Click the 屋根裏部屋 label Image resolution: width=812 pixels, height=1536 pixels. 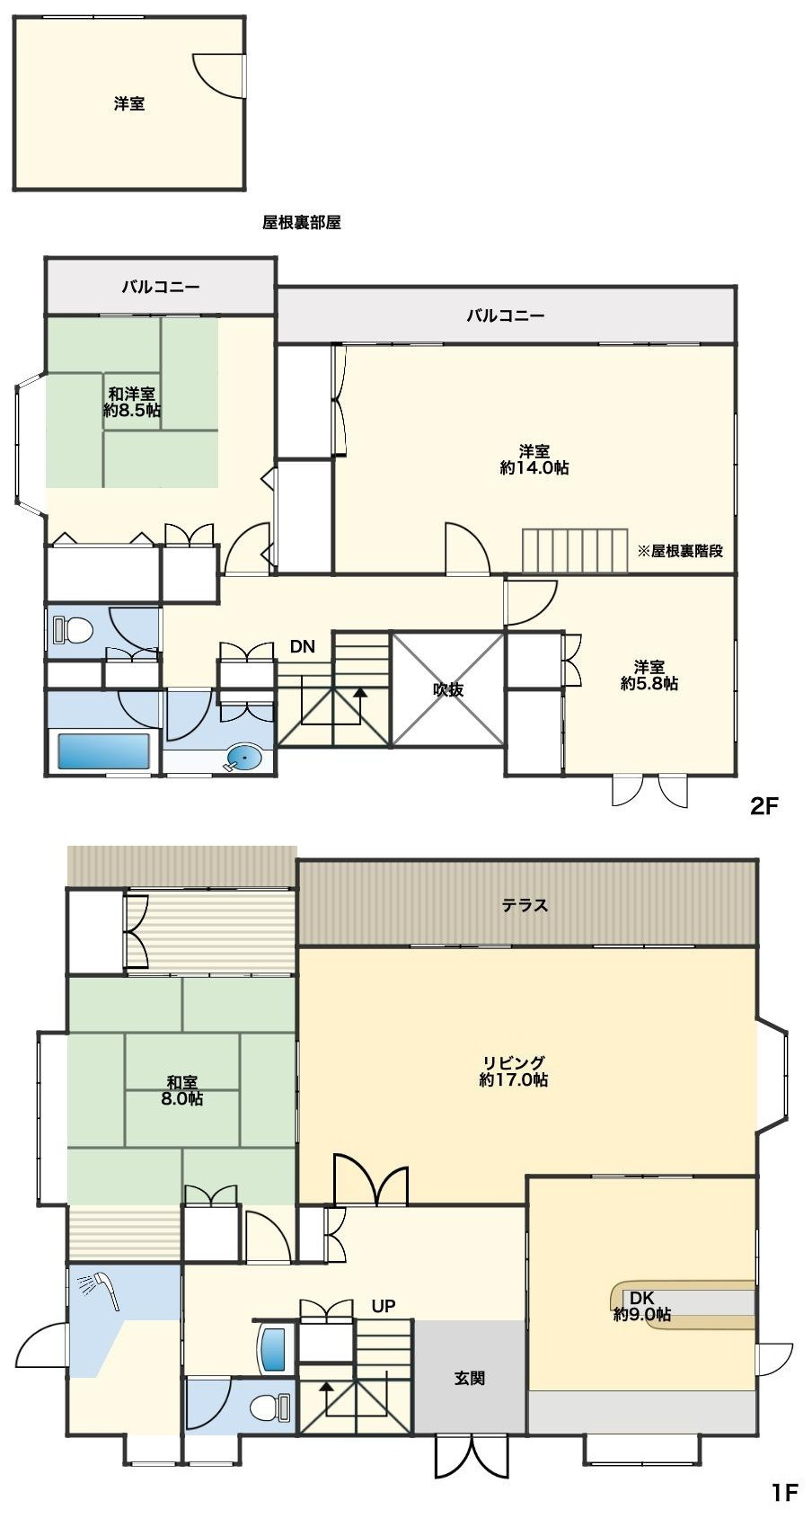tap(301, 222)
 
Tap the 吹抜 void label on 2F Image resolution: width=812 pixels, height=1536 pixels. tap(447, 689)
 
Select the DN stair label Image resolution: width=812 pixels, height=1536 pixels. tap(302, 646)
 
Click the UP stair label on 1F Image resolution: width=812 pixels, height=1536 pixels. tap(383, 1306)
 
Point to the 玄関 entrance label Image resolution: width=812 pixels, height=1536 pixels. tap(470, 1378)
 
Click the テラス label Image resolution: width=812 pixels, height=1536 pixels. tap(525, 905)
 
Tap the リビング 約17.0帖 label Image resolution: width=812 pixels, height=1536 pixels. tap(513, 1071)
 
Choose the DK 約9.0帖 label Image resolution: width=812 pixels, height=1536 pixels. tap(641, 1306)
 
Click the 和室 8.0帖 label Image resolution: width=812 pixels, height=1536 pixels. tap(181, 1090)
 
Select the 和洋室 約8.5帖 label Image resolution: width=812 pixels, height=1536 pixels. tap(131, 402)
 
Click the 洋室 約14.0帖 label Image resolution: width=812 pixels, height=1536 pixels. tap(534, 459)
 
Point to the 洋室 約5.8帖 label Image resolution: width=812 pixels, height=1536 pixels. tap(649, 675)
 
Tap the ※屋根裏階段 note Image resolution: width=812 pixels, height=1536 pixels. tap(680, 551)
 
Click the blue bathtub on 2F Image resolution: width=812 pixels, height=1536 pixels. tap(103, 750)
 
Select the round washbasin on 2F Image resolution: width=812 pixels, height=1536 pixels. tap(243, 757)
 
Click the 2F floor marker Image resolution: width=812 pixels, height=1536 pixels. tap(764, 805)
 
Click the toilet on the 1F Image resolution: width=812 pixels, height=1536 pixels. tap(271, 1407)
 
